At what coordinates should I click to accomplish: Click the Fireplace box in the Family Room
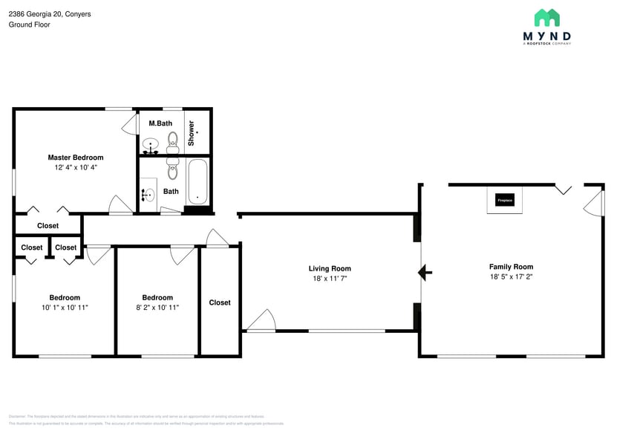tap(505, 201)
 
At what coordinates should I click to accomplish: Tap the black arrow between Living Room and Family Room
tap(425, 273)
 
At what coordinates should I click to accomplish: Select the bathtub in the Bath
tap(197, 181)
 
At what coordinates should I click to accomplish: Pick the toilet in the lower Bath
tap(172, 170)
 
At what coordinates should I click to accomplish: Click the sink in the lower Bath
tap(148, 195)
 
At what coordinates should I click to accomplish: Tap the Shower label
tap(192, 132)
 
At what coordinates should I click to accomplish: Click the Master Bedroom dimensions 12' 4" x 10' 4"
tap(76, 168)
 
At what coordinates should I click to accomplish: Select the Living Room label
tap(330, 268)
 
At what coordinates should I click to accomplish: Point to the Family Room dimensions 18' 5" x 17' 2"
tap(511, 277)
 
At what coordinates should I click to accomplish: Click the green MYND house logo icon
tap(547, 18)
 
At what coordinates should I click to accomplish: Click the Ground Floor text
tap(29, 25)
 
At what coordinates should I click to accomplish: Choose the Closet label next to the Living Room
tap(220, 302)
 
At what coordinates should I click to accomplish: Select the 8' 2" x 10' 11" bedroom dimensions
tap(157, 307)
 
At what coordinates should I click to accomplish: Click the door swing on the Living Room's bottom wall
tap(261, 321)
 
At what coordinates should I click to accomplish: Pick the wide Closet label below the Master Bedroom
tap(48, 226)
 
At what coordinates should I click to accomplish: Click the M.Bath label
tap(160, 123)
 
